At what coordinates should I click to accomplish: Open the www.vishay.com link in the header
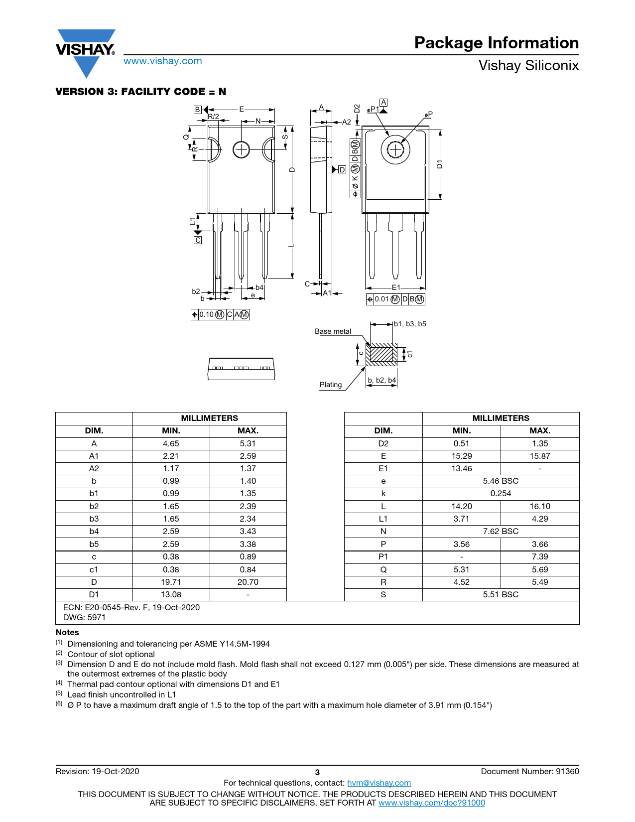pyautogui.click(x=163, y=61)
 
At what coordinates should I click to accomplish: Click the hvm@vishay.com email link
pyautogui.click(x=379, y=783)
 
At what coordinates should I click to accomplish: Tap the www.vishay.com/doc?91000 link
pyautogui.click(x=431, y=803)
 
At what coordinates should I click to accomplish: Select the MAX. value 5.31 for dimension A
pyautogui.click(x=248, y=443)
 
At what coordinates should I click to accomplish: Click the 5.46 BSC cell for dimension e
pyautogui.click(x=501, y=481)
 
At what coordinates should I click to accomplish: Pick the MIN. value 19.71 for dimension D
pyautogui.click(x=171, y=582)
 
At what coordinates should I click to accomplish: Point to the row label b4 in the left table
pyautogui.click(x=94, y=531)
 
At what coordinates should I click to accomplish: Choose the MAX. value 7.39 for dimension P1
pyautogui.click(x=539, y=556)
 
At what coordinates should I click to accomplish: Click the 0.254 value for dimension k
pyautogui.click(x=501, y=493)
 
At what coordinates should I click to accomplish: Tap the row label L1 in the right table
pyautogui.click(x=383, y=519)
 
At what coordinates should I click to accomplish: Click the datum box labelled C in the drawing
pyautogui.click(x=198, y=240)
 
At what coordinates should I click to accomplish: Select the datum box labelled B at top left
pyautogui.click(x=198, y=110)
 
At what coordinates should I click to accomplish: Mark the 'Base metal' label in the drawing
pyautogui.click(x=333, y=331)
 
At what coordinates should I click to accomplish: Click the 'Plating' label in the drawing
pyautogui.click(x=331, y=385)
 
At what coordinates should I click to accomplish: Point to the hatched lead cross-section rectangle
pyautogui.click(x=381, y=354)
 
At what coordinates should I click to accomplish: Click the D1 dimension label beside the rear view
pyautogui.click(x=439, y=164)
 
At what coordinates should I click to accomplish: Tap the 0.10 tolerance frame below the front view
pyautogui.click(x=220, y=314)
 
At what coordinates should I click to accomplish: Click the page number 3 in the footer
pyautogui.click(x=317, y=772)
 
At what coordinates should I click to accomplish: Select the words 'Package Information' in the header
pyautogui.click(x=496, y=43)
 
